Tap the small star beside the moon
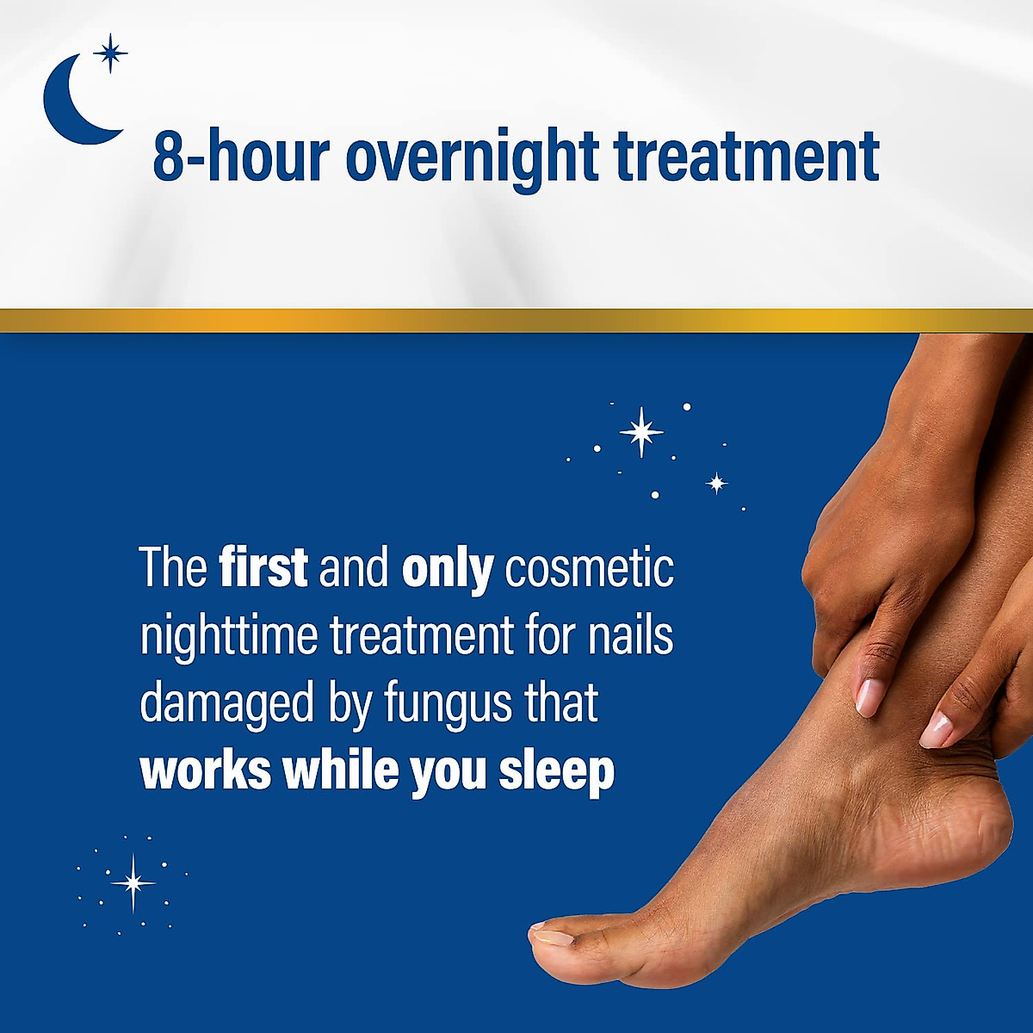tap(110, 53)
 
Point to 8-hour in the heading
tap(241, 157)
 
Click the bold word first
tap(263, 568)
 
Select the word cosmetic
tap(589, 568)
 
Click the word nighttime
tap(229, 637)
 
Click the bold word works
tap(205, 770)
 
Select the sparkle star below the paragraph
tap(133, 882)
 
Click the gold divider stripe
tap(516, 321)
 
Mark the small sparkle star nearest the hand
tap(717, 483)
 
